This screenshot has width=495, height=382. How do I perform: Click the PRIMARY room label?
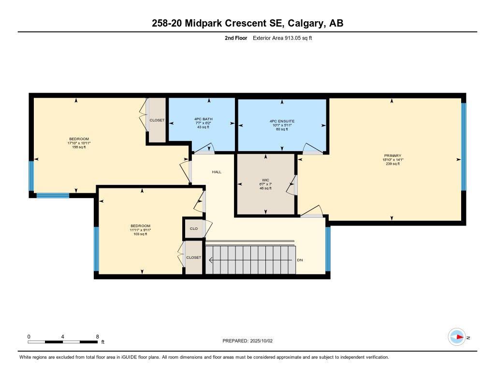click(392, 156)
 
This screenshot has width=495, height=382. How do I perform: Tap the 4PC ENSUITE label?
click(282, 121)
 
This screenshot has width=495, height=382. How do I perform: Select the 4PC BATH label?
click(203, 119)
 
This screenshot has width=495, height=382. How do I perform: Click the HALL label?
click(217, 171)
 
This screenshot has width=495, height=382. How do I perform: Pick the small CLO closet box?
click(193, 229)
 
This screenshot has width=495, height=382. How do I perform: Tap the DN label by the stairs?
click(300, 260)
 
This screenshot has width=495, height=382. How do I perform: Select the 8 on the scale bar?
click(98, 337)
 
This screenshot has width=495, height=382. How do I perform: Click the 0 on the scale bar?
click(29, 337)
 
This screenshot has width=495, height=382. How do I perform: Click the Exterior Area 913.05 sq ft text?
click(282, 38)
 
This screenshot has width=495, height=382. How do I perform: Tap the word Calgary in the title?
click(304, 23)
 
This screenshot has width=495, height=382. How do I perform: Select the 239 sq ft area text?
click(392, 164)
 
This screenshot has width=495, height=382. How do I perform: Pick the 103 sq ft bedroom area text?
click(140, 234)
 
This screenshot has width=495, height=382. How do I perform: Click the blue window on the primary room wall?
click(463, 146)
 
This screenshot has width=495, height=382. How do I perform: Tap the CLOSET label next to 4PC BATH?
click(157, 120)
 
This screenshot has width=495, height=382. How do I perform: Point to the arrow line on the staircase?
click(251, 260)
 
